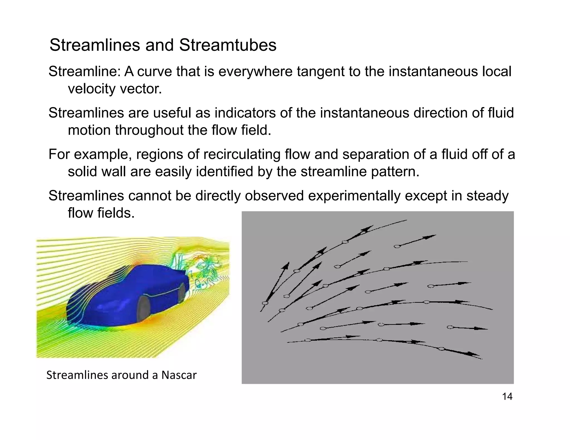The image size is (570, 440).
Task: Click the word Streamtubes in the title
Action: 228,45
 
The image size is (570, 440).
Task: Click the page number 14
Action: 507,396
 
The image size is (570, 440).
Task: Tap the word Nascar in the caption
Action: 179,375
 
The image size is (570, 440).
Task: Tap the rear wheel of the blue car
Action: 181,293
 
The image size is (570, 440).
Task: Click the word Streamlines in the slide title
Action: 95,45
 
